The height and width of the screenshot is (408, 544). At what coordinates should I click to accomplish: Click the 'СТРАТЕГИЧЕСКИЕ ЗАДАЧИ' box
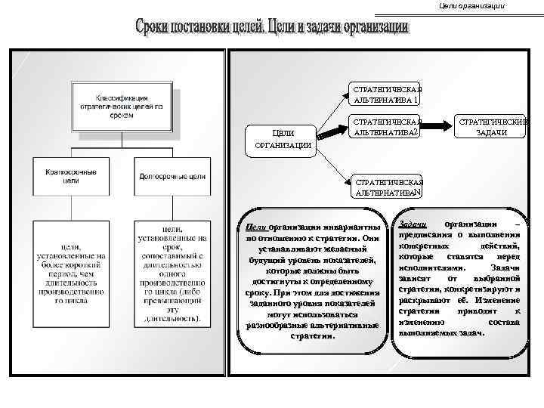[x=491, y=127]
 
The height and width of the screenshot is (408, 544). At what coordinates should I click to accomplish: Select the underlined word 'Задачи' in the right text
[x=413, y=224]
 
